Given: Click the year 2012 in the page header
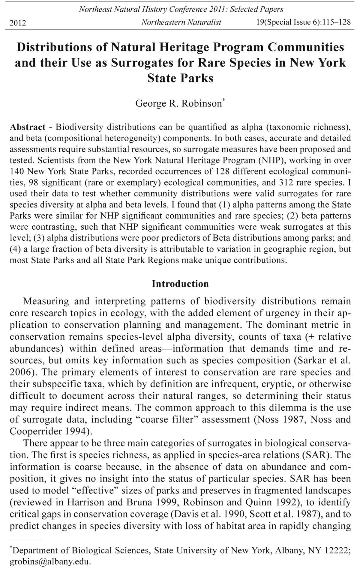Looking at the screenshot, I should coord(18,23).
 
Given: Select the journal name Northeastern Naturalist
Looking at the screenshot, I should coord(181,22).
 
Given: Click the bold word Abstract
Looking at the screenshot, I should coord(28,127).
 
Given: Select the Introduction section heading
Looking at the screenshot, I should coord(180,284).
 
